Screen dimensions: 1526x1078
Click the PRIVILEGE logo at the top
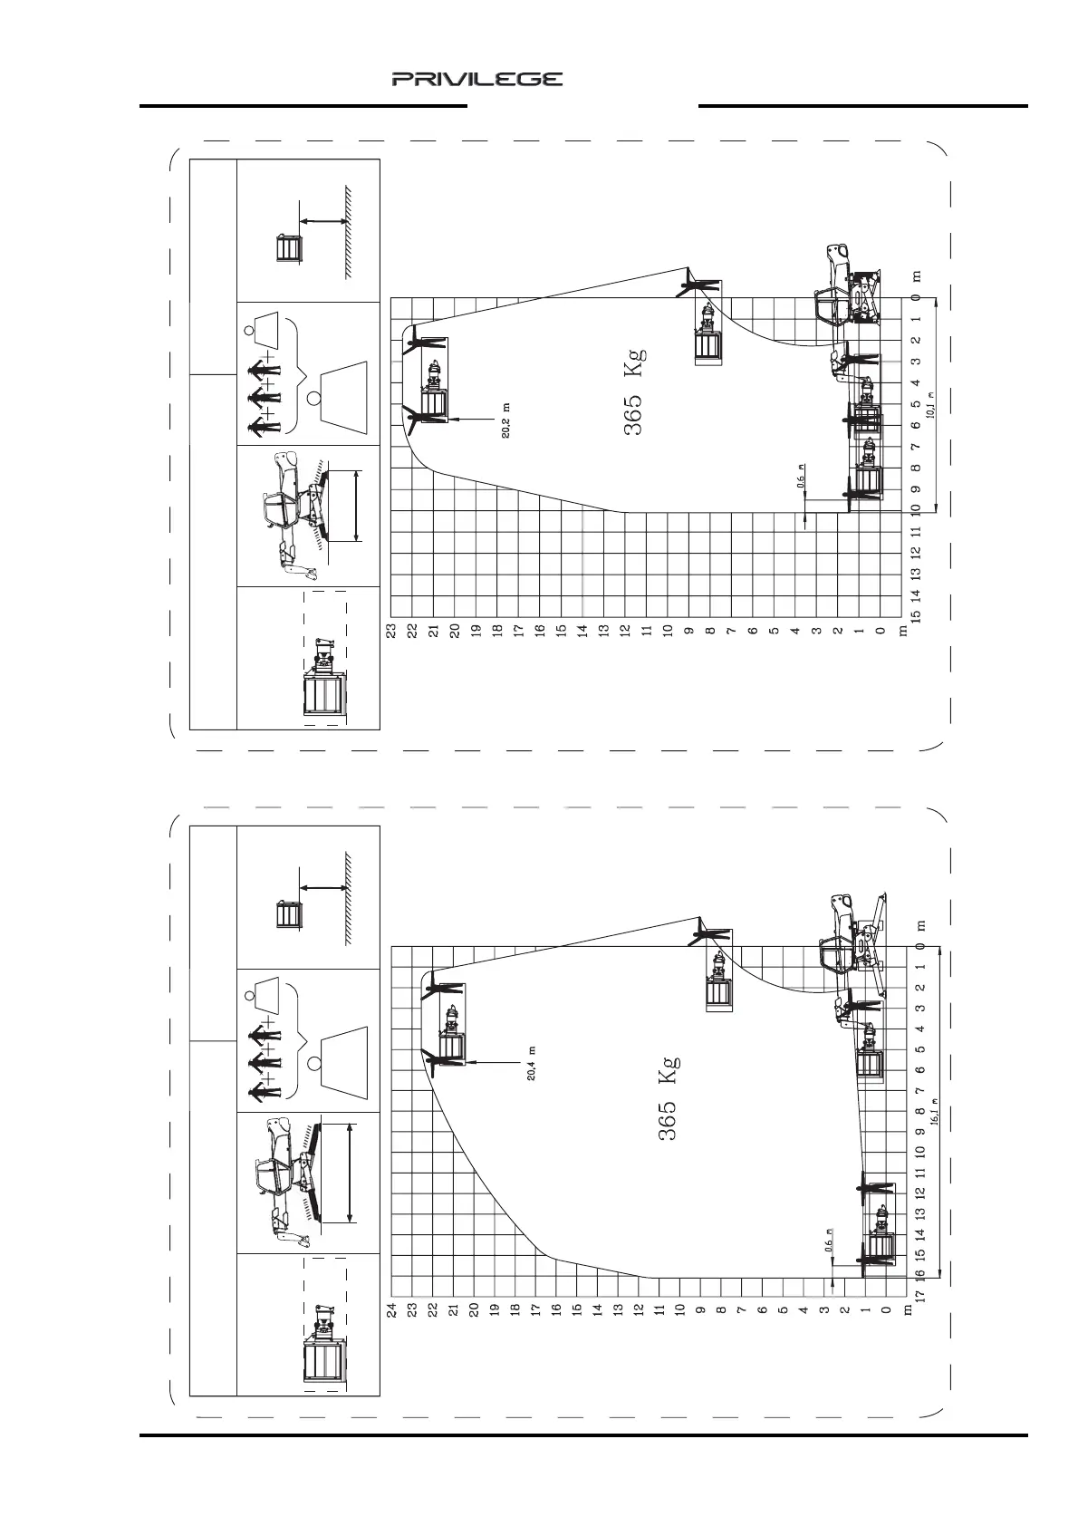pos(477,80)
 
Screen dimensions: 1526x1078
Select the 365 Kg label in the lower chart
pos(668,1097)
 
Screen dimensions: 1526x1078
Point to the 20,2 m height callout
pos(507,419)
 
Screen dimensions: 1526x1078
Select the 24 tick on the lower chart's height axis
pos(392,1309)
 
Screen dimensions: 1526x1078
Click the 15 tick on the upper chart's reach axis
pos(917,616)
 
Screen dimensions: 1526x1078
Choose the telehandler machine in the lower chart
pos(852,942)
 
